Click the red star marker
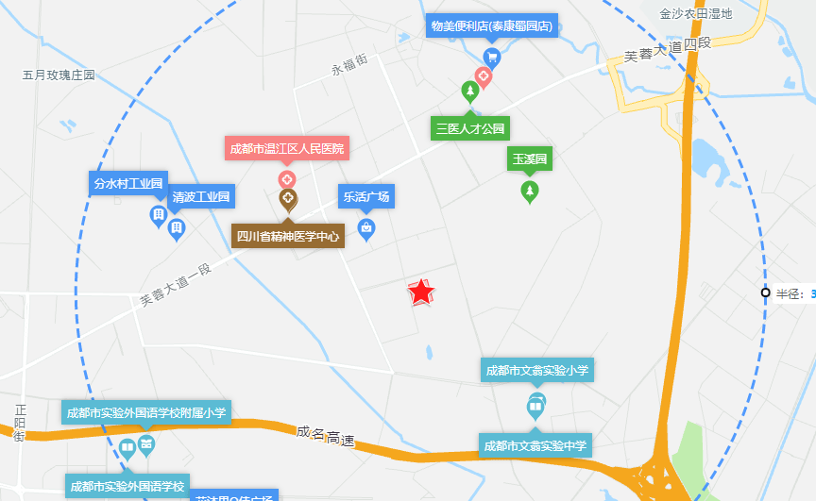420,292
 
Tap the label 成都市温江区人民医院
287,148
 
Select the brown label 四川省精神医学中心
288,236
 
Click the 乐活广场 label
365,197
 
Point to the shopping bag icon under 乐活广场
366,227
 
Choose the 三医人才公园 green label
469,127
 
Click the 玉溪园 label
530,159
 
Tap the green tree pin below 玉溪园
530,192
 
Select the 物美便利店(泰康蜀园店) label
491,25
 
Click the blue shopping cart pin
491,57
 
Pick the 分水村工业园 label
128,182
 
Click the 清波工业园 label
201,197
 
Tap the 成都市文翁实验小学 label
536,370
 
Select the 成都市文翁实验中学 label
535,445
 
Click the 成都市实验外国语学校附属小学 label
146,412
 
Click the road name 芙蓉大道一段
176,284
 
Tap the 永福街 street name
349,67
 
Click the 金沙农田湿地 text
696,13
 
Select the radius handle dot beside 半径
765,292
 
